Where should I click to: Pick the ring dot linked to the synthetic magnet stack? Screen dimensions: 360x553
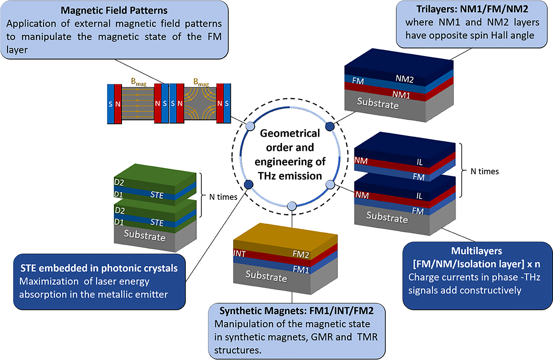(292, 205)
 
